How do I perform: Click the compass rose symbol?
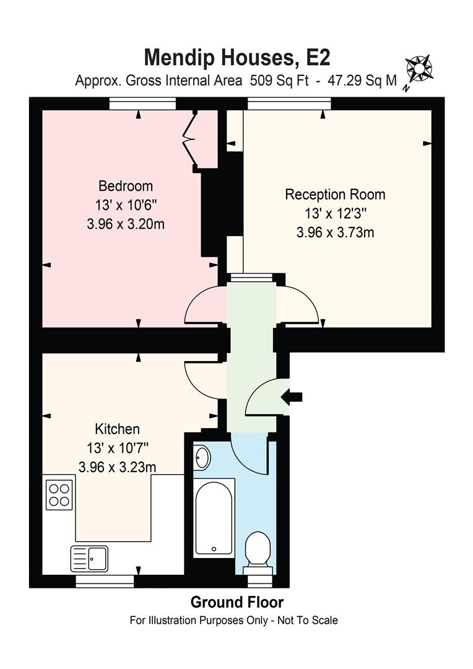click(419, 68)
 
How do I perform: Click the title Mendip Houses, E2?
click(236, 57)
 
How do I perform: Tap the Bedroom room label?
click(126, 186)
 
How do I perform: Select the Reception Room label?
click(335, 195)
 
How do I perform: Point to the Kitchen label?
click(117, 429)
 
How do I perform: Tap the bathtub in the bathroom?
click(214, 517)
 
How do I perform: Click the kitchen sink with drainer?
click(89, 558)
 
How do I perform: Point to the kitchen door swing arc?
click(203, 378)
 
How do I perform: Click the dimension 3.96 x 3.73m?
click(335, 233)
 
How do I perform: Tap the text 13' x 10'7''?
click(117, 448)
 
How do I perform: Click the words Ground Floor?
click(236, 602)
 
